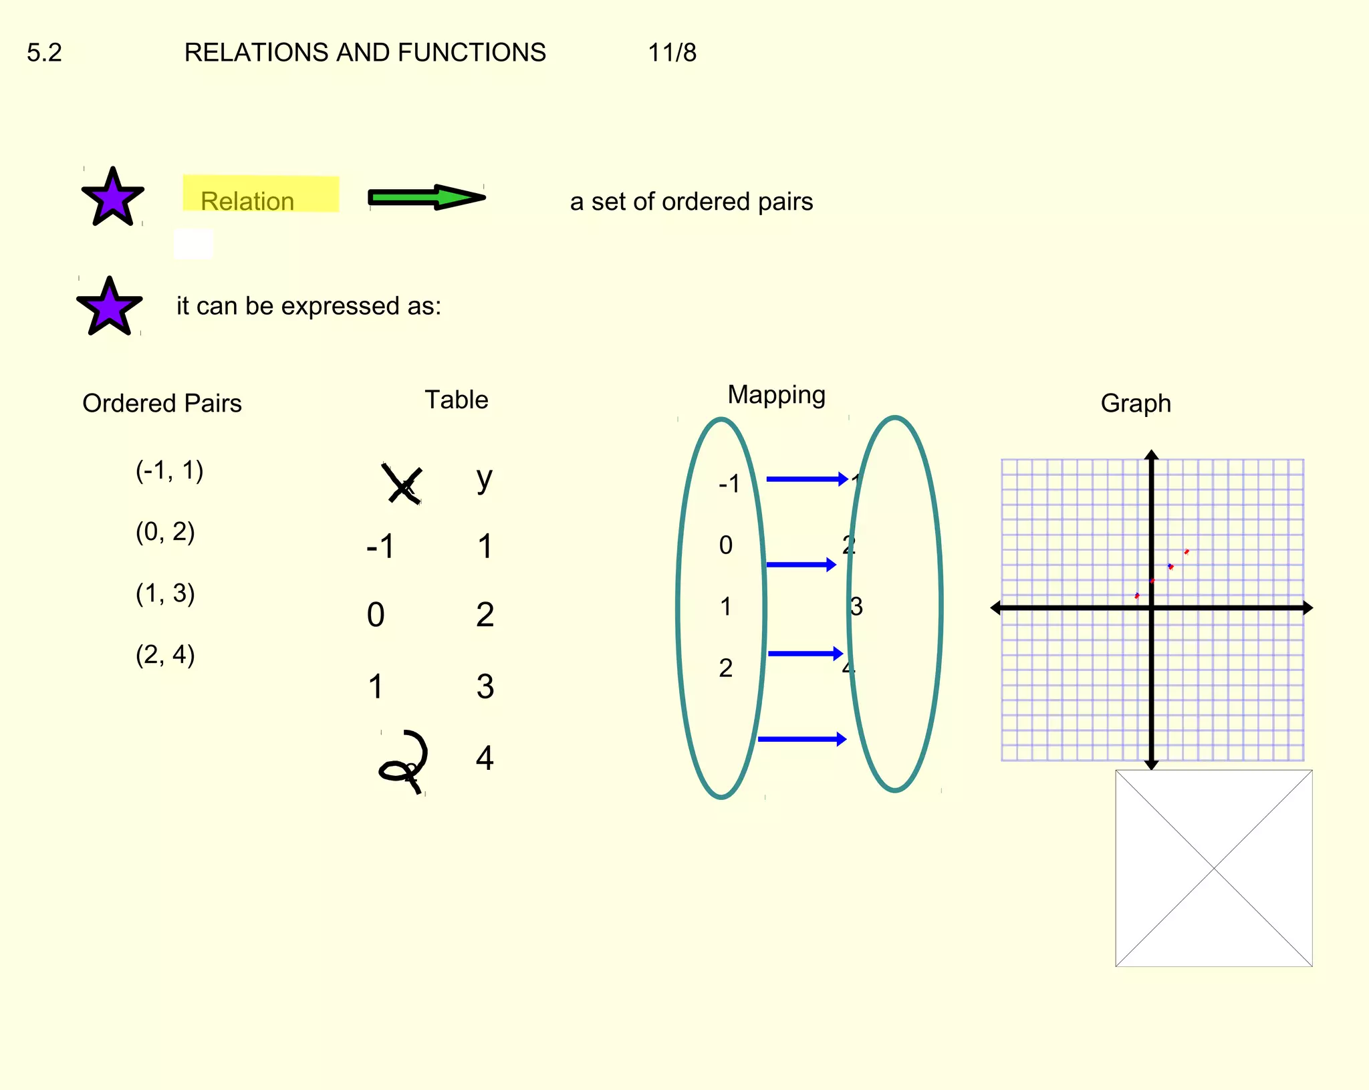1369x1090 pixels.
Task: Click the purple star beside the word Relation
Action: pos(112,197)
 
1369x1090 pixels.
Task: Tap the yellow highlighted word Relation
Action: pos(247,200)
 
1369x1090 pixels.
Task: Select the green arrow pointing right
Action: pos(426,197)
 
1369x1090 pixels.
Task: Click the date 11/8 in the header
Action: pos(672,53)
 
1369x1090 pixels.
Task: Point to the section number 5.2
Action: pos(44,53)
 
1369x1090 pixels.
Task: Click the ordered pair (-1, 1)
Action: pos(169,470)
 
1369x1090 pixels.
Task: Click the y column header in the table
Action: pos(485,479)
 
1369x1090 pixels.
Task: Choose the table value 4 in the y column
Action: pos(485,759)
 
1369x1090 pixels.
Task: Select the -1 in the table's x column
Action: pos(381,546)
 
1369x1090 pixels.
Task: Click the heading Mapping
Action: pos(776,394)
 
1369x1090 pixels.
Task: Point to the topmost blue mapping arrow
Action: pos(807,479)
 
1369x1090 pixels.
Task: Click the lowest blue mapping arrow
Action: pos(802,739)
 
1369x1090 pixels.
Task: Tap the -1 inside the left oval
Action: pos(729,483)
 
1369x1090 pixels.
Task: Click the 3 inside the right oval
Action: pos(856,607)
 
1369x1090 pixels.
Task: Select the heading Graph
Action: pos(1136,403)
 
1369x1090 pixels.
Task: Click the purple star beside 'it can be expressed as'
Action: pos(109,307)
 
